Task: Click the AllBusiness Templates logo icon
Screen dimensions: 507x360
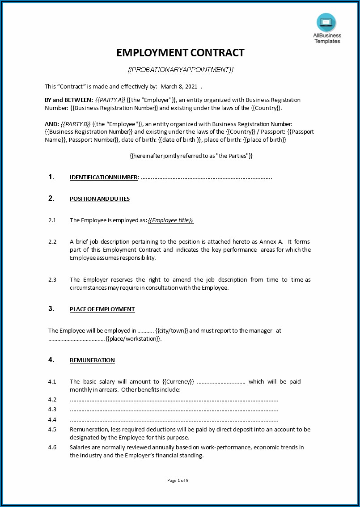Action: (x=326, y=22)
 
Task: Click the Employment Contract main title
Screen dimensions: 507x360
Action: (x=180, y=53)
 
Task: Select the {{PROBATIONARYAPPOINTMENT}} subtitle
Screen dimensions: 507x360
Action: (x=180, y=69)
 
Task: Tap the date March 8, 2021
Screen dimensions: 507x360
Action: (x=179, y=86)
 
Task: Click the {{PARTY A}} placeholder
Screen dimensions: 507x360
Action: (x=110, y=100)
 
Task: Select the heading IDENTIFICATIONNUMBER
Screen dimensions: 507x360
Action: (x=104, y=177)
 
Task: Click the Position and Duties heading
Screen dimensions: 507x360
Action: (x=100, y=199)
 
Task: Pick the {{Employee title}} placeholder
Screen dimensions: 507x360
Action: (x=171, y=220)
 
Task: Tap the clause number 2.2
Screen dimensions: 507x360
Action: (x=52, y=241)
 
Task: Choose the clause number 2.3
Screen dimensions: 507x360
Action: (x=52, y=280)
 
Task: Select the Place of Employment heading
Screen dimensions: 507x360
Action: (x=102, y=309)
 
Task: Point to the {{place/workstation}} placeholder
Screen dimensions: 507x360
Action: (x=133, y=339)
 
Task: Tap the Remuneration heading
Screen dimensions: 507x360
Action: (x=92, y=360)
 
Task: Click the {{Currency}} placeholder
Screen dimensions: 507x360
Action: (x=178, y=382)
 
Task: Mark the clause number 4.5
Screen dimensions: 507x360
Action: (x=52, y=430)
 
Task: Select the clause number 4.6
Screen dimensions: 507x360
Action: (x=52, y=448)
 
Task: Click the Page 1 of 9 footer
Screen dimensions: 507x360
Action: (x=178, y=481)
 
